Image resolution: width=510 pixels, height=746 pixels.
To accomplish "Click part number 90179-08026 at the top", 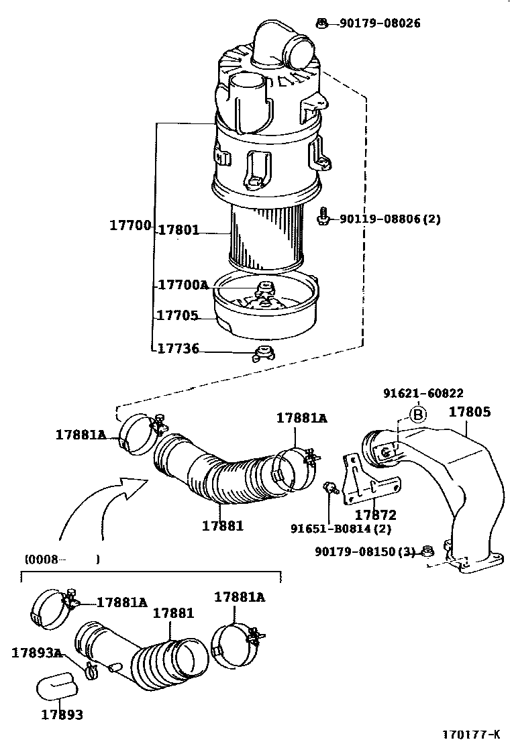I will [x=380, y=23].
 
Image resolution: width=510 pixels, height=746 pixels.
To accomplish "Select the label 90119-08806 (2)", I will [x=390, y=219].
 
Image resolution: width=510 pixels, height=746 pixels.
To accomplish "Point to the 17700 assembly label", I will [x=130, y=225].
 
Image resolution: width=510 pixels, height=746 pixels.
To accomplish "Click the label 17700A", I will [x=183, y=284].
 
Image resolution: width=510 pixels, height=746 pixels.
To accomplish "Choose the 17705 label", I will [x=177, y=315].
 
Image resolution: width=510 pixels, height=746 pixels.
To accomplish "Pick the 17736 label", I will [x=177, y=349].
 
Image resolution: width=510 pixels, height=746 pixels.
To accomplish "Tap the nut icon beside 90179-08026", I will [x=322, y=23].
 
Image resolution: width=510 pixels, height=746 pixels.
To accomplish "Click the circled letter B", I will [x=418, y=415].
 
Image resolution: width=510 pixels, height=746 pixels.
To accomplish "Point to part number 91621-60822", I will [x=423, y=394].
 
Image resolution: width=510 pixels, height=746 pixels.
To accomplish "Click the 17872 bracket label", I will [x=375, y=515].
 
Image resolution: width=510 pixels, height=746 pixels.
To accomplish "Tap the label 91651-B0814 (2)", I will [x=340, y=529].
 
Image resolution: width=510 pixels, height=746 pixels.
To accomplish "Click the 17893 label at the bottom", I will [x=62, y=714].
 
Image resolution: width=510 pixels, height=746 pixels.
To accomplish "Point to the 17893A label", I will [x=37, y=652].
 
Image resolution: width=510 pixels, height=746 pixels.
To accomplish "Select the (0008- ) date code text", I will [x=62, y=558].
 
